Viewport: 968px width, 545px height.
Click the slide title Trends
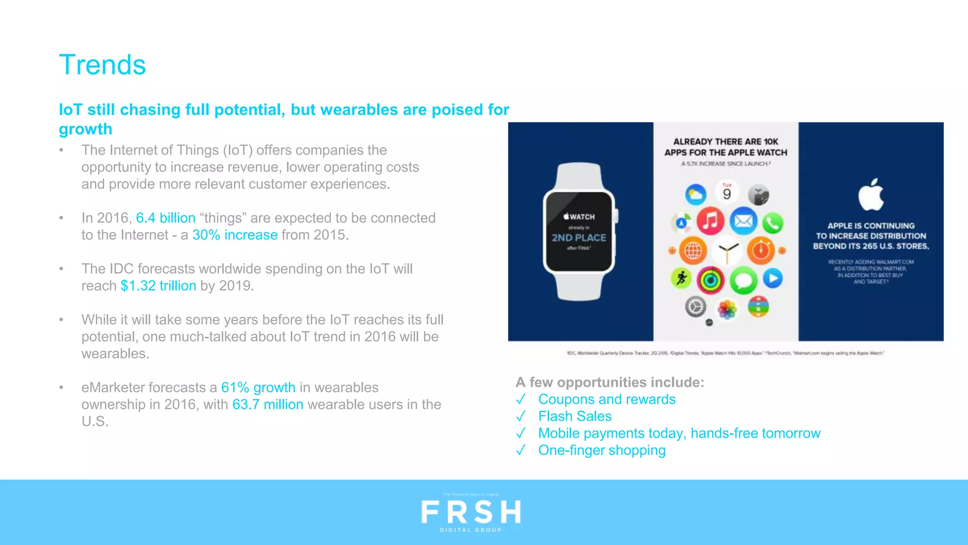tap(102, 65)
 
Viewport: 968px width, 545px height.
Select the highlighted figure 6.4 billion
tap(165, 218)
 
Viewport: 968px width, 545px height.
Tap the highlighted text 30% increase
tap(235, 235)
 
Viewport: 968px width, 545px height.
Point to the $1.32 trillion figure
tap(158, 286)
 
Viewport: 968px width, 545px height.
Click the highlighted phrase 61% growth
tap(258, 387)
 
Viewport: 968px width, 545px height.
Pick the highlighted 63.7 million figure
tap(268, 404)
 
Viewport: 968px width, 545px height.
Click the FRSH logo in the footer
tap(471, 512)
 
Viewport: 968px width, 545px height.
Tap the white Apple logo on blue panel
tap(871, 195)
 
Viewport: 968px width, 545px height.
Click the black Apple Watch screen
tap(579, 231)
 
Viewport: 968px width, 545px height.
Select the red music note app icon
tap(710, 221)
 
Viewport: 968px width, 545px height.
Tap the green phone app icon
tap(772, 223)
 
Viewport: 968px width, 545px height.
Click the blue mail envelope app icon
tap(743, 221)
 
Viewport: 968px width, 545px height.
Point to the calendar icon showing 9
tap(727, 193)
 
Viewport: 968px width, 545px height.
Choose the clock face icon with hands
tap(727, 250)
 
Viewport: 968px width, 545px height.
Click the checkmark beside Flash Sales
tap(521, 417)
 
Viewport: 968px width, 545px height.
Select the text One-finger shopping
tap(602, 450)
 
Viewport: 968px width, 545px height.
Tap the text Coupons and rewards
tap(607, 400)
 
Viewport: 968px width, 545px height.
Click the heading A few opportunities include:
tap(610, 382)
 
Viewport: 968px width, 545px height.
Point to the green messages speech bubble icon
tap(743, 280)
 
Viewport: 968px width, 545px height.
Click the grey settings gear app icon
tap(695, 307)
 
